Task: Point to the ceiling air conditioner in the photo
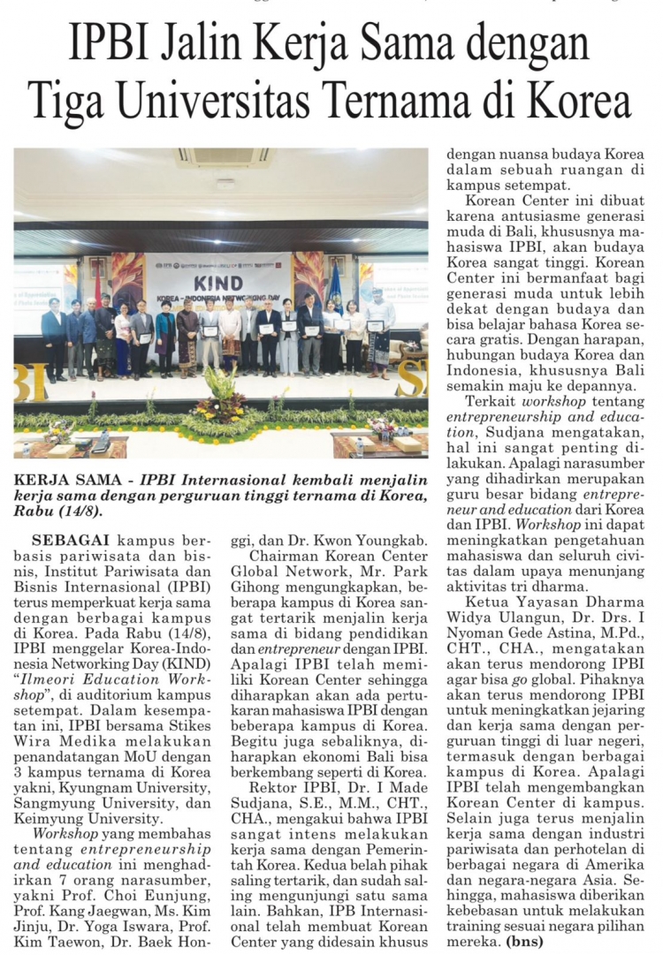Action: (x=223, y=157)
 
